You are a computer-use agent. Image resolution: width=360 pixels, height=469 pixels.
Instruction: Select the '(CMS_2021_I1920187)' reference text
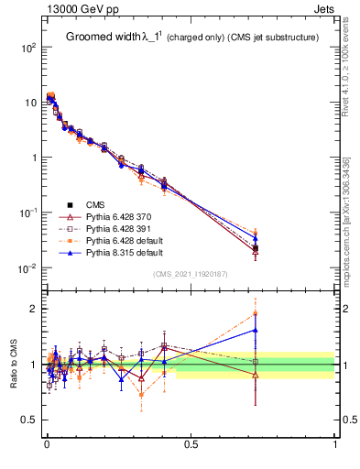[190, 274]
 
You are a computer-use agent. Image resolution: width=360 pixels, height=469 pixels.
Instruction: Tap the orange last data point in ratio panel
[256, 313]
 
